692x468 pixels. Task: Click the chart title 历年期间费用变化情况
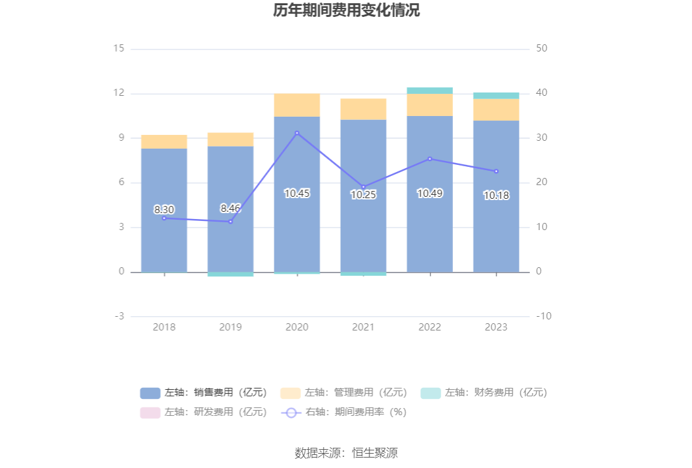346,11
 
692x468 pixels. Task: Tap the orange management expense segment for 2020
297,105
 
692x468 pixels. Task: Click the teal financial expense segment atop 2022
430,91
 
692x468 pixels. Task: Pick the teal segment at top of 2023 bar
497,96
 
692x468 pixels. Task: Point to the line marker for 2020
297,133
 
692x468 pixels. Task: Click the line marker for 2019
231,222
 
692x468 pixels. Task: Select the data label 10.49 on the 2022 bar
430,193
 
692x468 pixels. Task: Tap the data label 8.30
164,210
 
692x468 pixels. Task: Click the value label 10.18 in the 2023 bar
497,195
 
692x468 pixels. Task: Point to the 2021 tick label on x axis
364,327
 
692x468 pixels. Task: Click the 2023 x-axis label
497,327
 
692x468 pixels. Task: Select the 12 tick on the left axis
119,93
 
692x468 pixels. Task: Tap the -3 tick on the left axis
119,316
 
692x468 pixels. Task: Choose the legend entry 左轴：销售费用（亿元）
203,392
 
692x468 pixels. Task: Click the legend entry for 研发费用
203,412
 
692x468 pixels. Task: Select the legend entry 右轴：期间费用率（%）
343,412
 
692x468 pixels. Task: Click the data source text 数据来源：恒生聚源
346,453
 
